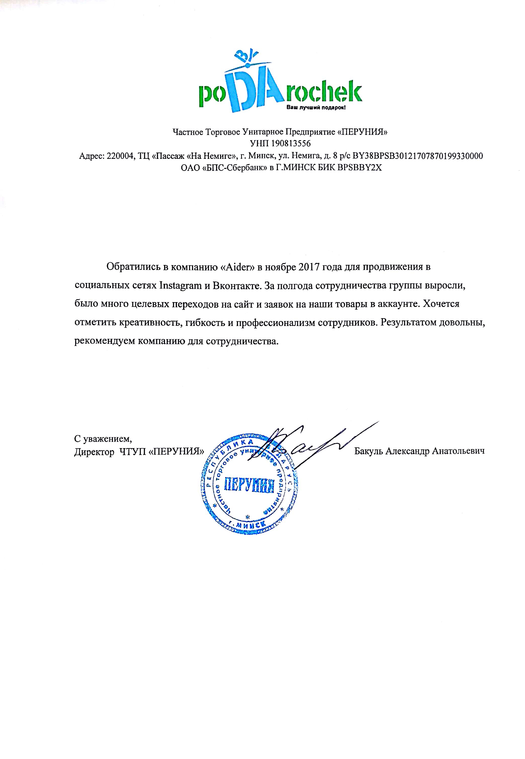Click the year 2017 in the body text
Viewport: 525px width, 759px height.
click(x=309, y=267)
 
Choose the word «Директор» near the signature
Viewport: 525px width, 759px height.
click(x=94, y=452)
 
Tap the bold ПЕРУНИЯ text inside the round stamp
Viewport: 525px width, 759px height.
click(x=249, y=485)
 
